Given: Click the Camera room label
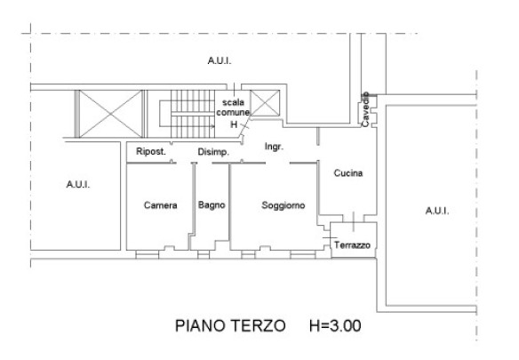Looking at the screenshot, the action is pos(161,205).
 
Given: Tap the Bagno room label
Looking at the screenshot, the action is pos(212,205).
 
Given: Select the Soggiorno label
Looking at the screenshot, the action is pos(283,205).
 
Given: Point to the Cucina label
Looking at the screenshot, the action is pos(347,172).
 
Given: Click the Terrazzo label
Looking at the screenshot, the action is pos(352,245).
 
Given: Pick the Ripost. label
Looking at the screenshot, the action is pos(151,152).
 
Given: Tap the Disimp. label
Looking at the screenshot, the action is pos(213,152).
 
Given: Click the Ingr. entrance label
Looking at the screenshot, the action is pos(274,147).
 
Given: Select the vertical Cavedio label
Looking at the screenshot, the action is pos(365,109).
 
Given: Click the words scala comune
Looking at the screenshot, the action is pos(233,108).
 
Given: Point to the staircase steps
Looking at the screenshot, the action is pos(193,114).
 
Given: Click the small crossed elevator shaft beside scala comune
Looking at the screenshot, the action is pos(265,103).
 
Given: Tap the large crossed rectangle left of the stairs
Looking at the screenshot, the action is pos(110,114).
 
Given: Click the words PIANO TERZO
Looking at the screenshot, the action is pos(230,326).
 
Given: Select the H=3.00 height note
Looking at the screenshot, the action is pos(335,326).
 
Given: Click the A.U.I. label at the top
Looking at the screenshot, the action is pos(220,61).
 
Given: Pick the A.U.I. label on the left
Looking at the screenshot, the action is pos(78,185).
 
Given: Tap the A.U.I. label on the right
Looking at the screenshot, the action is pos(437,211).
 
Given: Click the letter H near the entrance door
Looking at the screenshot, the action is pos(234,124).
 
